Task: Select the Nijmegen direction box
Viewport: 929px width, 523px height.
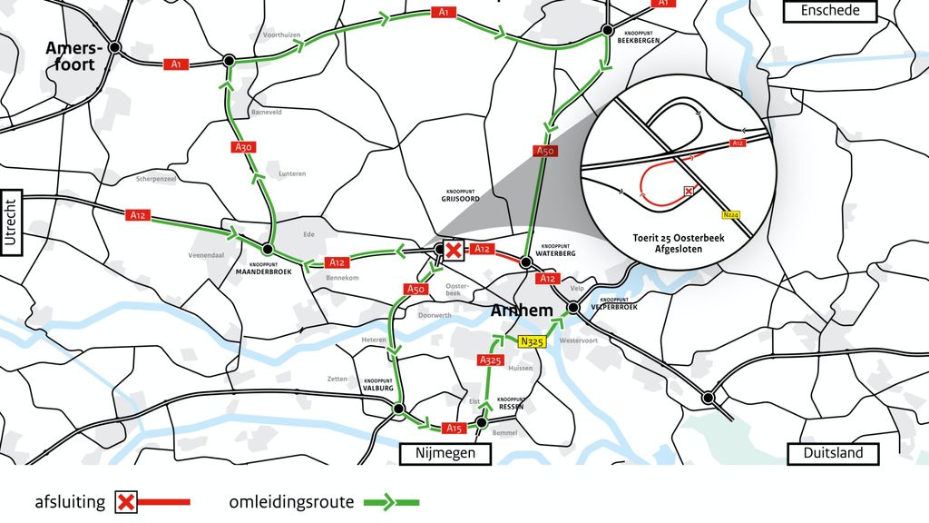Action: tap(445, 453)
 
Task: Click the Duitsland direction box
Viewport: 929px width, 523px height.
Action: tap(834, 453)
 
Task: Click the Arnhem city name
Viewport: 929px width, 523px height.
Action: tap(521, 311)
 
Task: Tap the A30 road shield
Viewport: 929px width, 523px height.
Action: tap(242, 146)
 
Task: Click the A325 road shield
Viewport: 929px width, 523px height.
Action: tap(489, 360)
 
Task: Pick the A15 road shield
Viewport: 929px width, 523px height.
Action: tap(454, 428)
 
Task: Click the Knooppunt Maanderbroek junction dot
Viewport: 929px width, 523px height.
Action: tap(268, 249)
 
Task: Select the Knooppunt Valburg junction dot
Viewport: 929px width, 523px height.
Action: tap(397, 410)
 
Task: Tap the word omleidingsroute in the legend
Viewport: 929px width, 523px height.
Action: tap(290, 501)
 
